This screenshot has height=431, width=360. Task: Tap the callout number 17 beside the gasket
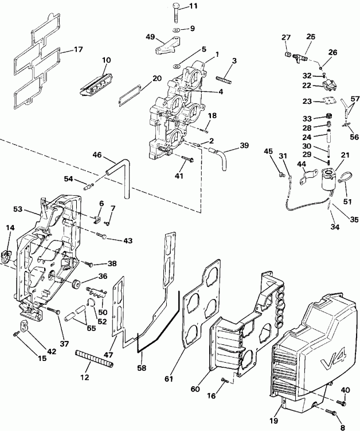(78, 50)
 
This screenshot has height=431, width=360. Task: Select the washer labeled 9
(176, 28)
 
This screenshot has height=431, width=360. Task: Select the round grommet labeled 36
(75, 284)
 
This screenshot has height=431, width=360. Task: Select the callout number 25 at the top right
(310, 37)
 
